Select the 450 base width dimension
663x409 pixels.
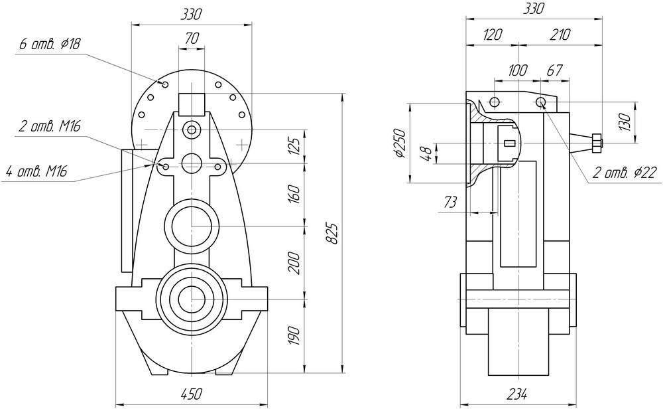(x=191, y=394)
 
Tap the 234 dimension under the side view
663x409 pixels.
(x=517, y=394)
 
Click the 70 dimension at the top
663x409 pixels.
(x=192, y=39)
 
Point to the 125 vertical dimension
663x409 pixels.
(x=296, y=145)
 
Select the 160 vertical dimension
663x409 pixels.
(x=296, y=194)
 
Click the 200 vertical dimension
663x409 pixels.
(x=296, y=263)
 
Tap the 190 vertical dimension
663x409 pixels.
(x=296, y=336)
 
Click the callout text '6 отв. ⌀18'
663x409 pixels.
(x=50, y=44)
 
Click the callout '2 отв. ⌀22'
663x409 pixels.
(x=625, y=173)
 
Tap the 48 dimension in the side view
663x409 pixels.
(x=428, y=153)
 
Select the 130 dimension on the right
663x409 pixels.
(x=642, y=122)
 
